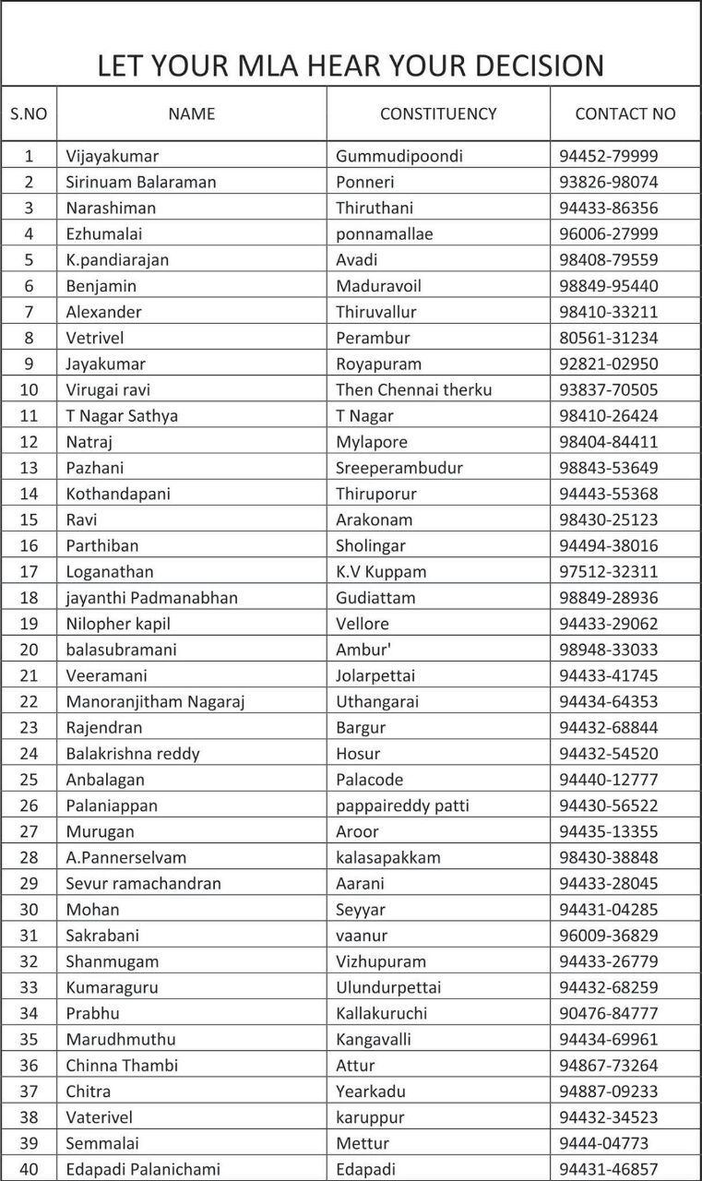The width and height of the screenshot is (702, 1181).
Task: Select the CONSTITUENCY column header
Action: click(x=438, y=114)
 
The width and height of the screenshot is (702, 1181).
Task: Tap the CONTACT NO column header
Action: click(x=625, y=114)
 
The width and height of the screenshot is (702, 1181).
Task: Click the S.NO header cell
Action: click(x=29, y=114)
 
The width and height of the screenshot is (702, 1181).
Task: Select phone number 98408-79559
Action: click(x=609, y=259)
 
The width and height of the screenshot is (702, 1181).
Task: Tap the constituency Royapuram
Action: click(x=378, y=364)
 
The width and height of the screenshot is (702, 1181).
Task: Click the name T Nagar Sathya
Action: click(x=122, y=415)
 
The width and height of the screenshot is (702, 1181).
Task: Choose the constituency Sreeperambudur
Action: click(x=399, y=468)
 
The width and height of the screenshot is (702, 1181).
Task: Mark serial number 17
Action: click(x=29, y=571)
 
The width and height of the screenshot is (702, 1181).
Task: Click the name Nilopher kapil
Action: click(x=118, y=624)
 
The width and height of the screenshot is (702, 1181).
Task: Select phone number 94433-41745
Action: click(x=609, y=675)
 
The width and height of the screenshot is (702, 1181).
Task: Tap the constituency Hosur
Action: click(x=358, y=754)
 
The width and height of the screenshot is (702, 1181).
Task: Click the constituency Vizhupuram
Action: click(x=381, y=961)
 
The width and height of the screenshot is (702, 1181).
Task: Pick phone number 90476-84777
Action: click(x=609, y=1013)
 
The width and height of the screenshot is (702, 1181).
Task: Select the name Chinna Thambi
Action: click(x=122, y=1066)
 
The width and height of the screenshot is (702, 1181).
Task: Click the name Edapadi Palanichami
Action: click(x=143, y=1169)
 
